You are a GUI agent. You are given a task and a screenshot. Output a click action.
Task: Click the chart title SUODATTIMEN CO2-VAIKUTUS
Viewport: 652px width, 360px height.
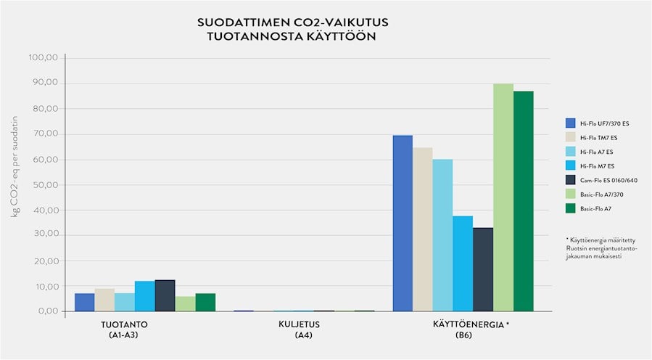[x=286, y=22]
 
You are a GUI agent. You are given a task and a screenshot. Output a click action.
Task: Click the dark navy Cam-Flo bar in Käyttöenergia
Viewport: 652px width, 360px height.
[x=483, y=269]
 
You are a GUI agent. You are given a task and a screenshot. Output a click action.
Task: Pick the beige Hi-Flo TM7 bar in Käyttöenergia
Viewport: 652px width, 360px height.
[x=422, y=229]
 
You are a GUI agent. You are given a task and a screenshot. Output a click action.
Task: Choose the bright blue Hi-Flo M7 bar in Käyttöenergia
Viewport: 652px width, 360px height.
[x=463, y=263]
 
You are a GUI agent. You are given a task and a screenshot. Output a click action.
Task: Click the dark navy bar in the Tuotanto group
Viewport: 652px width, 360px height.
[x=165, y=295]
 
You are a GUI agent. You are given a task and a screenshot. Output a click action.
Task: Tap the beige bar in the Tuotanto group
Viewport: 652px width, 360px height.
[x=104, y=300]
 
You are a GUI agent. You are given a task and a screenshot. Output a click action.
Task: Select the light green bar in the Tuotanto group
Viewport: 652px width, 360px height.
[x=185, y=303]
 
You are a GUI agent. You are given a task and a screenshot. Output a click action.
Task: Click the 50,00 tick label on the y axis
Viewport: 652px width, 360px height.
[x=45, y=185]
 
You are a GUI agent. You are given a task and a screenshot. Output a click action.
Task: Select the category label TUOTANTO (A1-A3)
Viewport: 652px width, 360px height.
[x=120, y=330]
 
